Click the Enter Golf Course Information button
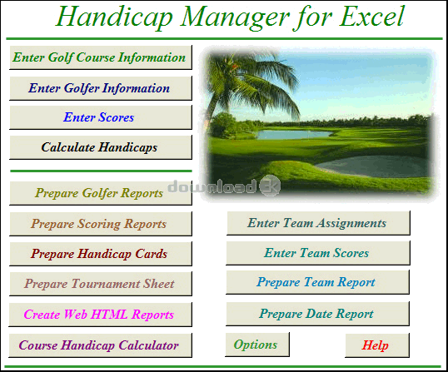tap(101, 57)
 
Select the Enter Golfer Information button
tap(101, 88)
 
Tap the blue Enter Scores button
tap(101, 117)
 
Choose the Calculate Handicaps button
tap(101, 147)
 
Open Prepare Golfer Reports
tap(101, 193)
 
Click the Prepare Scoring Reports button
tap(101, 224)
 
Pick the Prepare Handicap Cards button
tap(101, 254)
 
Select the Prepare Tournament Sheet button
tap(101, 284)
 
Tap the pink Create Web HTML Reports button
tap(100, 315)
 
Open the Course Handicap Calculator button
tap(100, 345)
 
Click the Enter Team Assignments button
tap(318, 223)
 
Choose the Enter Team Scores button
tap(318, 253)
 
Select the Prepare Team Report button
tap(318, 282)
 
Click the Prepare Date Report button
tap(318, 314)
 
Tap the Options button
tap(257, 345)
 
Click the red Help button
tap(377, 345)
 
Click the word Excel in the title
tap(371, 17)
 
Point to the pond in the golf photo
tap(294, 135)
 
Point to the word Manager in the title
tap(234, 18)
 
